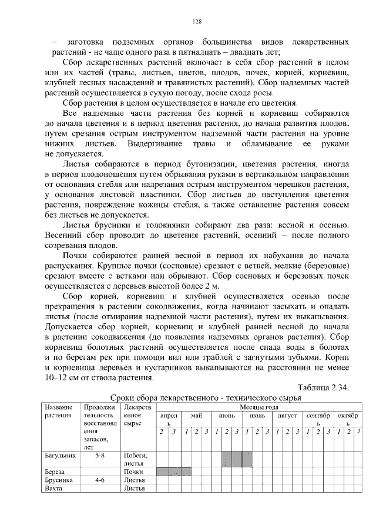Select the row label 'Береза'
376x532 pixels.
pos(55,471)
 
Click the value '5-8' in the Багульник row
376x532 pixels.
pos(100,455)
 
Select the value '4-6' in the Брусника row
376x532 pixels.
pos(100,480)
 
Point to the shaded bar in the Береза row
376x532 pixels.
pos(173,471)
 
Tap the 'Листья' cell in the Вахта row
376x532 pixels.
pos(135,488)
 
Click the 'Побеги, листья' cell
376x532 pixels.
pos(136,459)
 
